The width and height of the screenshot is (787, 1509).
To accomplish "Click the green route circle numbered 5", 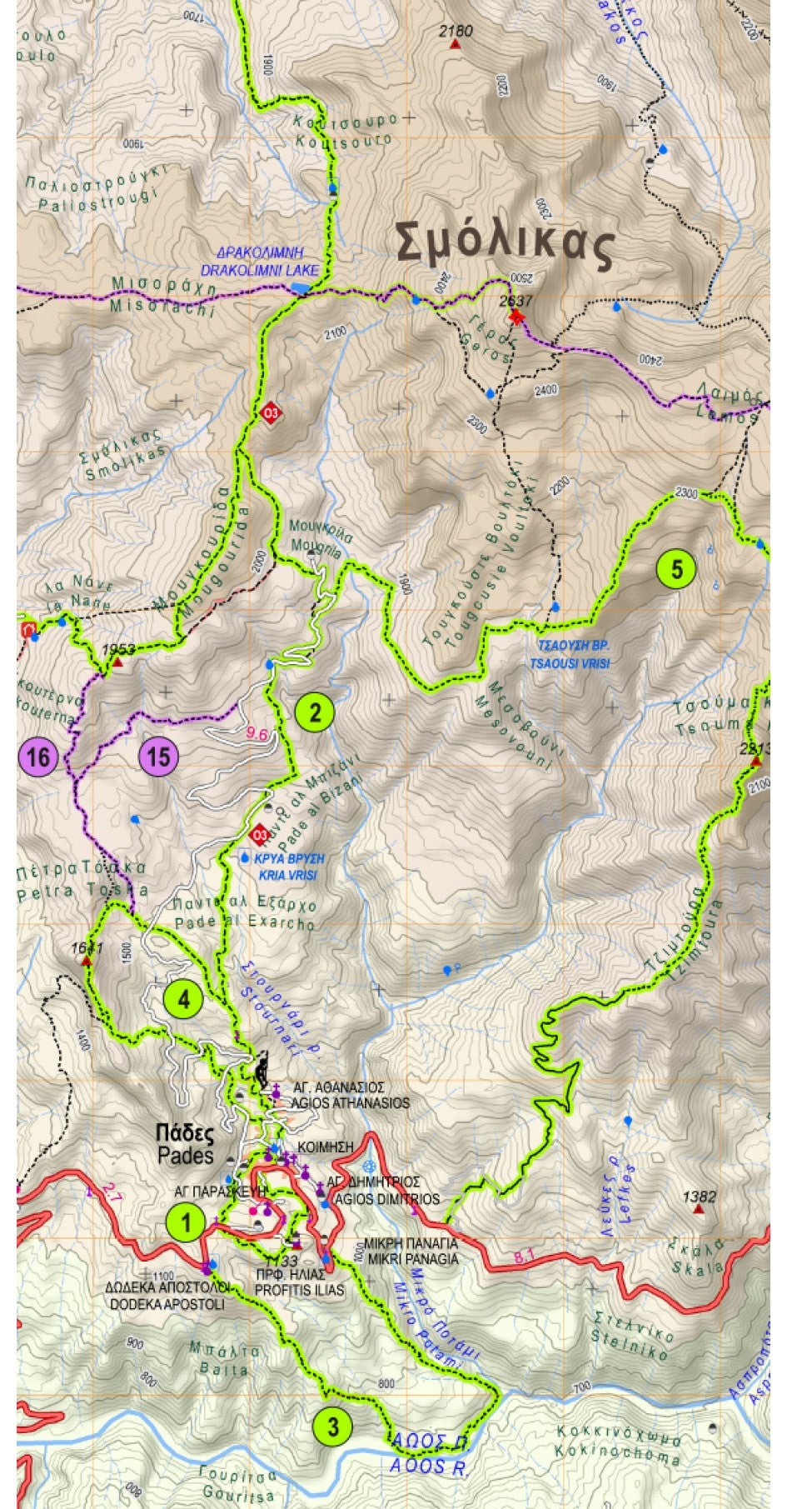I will (676, 570).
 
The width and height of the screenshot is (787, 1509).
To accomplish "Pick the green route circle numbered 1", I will (185, 1223).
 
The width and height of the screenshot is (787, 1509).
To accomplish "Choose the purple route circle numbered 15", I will (159, 757).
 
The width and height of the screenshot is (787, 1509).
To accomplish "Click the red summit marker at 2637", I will (516, 317).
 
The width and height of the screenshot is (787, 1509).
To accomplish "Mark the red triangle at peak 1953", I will (118, 663).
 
